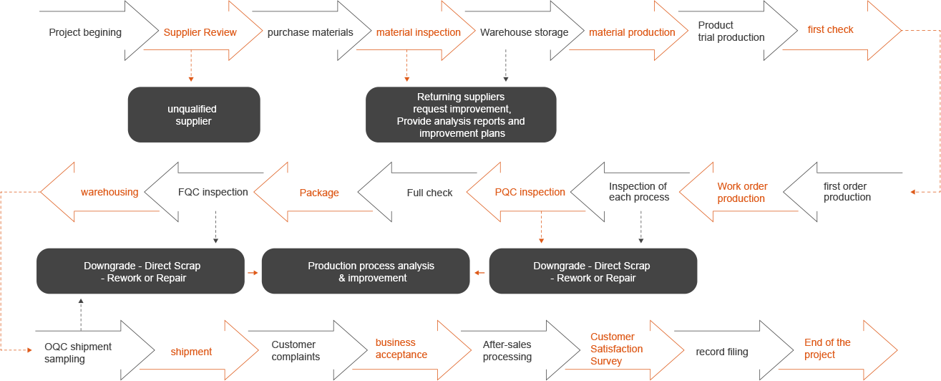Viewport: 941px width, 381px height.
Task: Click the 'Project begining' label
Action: click(85, 32)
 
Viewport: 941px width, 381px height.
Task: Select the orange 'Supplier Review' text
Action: click(200, 32)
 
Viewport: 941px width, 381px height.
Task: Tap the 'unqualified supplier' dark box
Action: click(193, 115)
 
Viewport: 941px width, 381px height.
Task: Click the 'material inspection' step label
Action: click(419, 32)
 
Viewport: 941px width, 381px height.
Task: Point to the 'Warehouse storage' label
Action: click(524, 32)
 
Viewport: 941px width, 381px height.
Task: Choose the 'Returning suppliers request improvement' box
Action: click(461, 115)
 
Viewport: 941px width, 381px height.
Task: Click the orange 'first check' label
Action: click(830, 30)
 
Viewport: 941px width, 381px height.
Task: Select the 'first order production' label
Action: click(847, 192)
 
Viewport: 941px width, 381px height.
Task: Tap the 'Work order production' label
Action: click(742, 192)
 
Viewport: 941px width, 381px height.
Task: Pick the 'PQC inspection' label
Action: click(530, 192)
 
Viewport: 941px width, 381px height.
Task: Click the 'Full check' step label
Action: click(429, 193)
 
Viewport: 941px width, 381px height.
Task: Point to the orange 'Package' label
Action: click(319, 193)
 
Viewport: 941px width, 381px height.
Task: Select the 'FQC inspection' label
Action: click(213, 192)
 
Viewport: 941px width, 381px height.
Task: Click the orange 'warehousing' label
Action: click(109, 192)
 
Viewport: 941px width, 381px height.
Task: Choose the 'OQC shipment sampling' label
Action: click(78, 353)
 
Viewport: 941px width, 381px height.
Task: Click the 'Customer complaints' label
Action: click(296, 351)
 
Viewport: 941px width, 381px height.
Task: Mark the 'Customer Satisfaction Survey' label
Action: click(616, 349)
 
